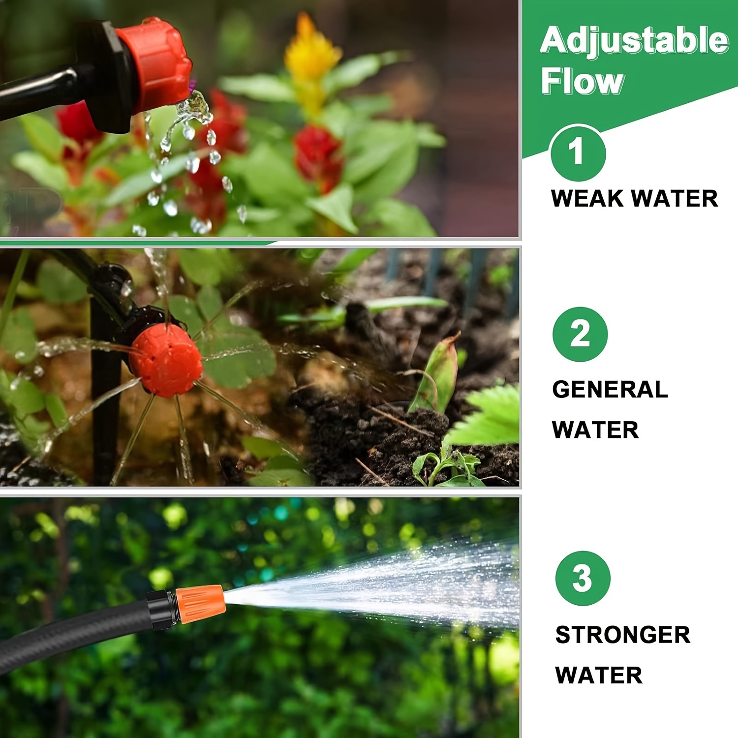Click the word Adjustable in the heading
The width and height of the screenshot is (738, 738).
[634, 40]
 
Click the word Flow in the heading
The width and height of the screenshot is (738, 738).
[583, 81]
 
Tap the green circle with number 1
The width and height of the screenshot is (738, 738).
[578, 153]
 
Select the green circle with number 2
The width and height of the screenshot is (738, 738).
[580, 334]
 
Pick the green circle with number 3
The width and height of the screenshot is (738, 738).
[583, 578]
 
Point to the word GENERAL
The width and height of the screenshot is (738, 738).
[610, 390]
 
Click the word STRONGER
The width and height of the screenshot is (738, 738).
[622, 635]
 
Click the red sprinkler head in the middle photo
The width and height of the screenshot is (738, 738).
[166, 360]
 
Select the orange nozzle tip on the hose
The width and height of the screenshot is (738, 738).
[199, 604]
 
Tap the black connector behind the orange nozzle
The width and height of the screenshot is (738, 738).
[161, 610]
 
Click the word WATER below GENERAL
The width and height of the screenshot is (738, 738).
[595, 430]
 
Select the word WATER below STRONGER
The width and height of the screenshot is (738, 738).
[598, 675]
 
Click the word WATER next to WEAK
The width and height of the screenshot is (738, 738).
[675, 199]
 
